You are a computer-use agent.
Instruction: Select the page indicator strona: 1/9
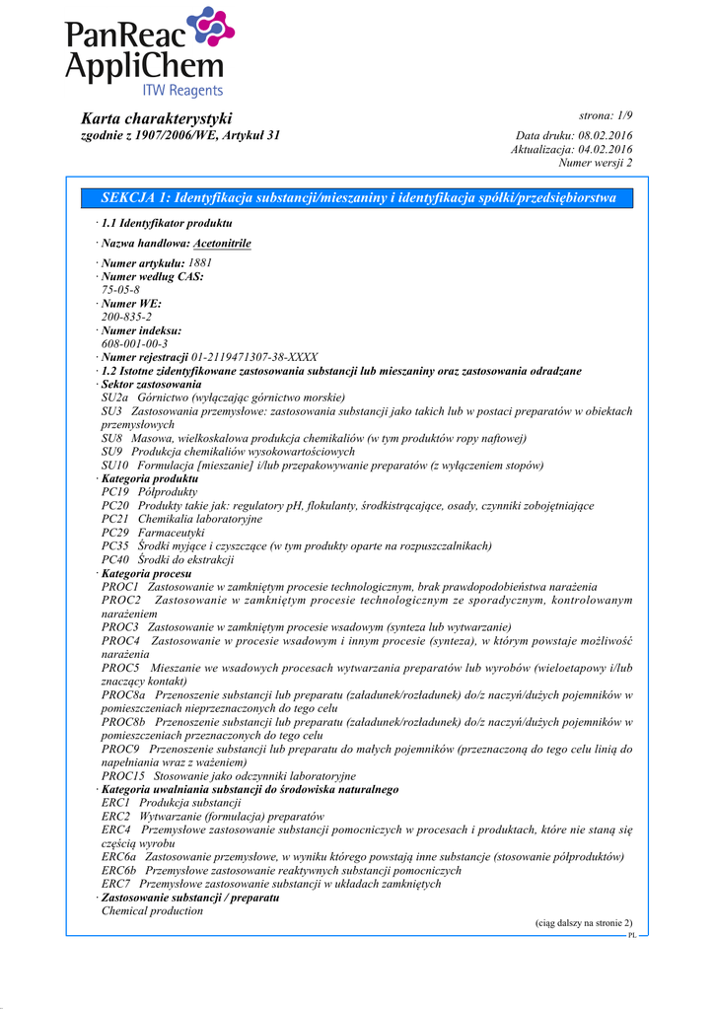point(606,116)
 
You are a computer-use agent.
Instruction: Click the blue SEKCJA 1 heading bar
point(358,198)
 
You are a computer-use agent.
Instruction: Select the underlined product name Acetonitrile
point(222,243)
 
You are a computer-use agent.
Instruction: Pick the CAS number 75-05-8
point(120,290)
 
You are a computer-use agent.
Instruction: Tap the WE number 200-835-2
point(127,317)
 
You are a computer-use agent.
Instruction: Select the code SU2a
point(115,397)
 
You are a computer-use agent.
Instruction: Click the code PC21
point(115,519)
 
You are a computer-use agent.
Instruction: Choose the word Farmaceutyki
point(171,533)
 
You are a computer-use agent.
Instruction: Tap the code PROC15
point(122,776)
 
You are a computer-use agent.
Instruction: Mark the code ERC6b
point(118,871)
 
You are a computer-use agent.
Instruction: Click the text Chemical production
point(152,911)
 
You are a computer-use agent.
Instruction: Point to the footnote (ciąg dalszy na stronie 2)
point(584,922)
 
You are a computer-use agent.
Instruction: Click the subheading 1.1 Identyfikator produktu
point(167,224)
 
